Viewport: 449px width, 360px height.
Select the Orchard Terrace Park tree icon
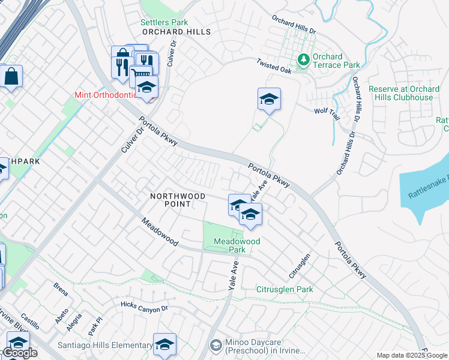(x=304, y=59)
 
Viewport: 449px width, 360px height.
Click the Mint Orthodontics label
(x=110, y=95)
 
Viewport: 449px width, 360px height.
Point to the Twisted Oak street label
(x=273, y=66)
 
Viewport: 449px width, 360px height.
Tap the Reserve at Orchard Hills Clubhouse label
(x=409, y=93)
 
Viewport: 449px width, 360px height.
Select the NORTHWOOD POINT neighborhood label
(x=170, y=200)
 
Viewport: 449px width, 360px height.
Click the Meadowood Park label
(x=237, y=245)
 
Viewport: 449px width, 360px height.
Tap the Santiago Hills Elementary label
(x=105, y=345)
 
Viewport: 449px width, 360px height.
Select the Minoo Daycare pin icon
(x=215, y=346)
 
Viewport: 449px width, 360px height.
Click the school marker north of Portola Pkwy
(x=270, y=100)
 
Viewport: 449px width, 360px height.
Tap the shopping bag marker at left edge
(x=11, y=77)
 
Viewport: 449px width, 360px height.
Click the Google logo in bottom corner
(x=19, y=353)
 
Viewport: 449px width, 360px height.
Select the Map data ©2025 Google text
(x=412, y=355)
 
